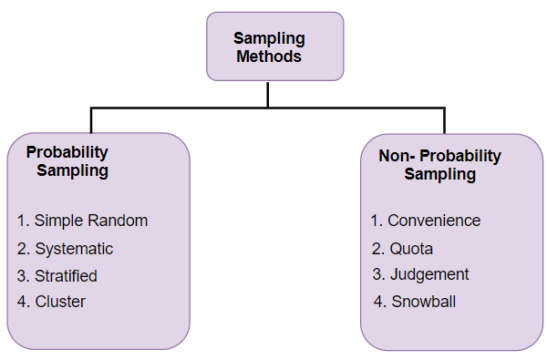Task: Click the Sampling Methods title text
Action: pyautogui.click(x=269, y=46)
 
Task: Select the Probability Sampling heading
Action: pyautogui.click(x=67, y=161)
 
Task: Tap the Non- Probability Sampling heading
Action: pyautogui.click(x=439, y=165)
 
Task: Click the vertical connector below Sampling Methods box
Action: pyautogui.click(x=268, y=95)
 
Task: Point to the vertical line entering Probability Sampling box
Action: pyautogui.click(x=91, y=120)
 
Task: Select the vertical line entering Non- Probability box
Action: pyautogui.click(x=445, y=120)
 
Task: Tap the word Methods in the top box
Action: pyautogui.click(x=269, y=56)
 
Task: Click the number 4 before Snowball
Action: pyautogui.click(x=378, y=302)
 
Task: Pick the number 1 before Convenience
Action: pyautogui.click(x=375, y=221)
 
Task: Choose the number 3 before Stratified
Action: pyautogui.click(x=22, y=275)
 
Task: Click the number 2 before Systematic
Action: pyautogui.click(x=22, y=248)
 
